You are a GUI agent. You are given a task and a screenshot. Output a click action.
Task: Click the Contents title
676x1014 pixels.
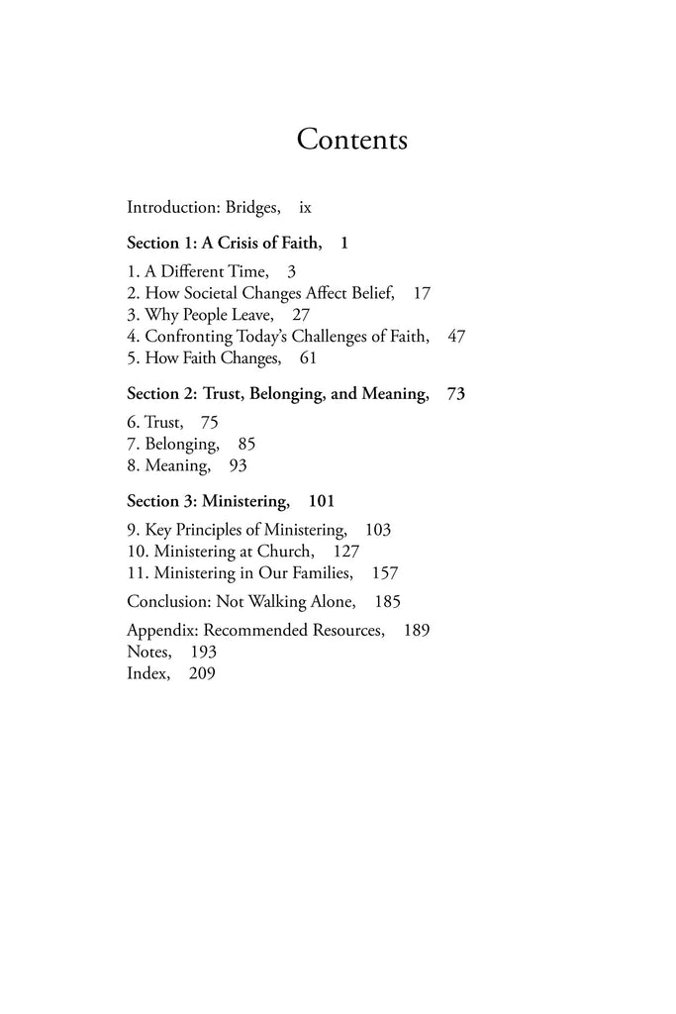coord(351,140)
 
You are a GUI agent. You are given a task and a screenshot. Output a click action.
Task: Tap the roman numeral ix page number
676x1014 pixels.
coord(305,208)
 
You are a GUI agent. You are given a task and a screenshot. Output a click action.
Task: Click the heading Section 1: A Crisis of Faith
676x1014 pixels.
coord(225,243)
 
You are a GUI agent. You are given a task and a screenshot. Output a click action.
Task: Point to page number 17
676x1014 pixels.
coord(420,292)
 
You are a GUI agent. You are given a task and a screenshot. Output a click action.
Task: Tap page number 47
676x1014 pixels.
coord(456,336)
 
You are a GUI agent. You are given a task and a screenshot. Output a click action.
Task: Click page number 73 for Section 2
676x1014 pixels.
coord(456,394)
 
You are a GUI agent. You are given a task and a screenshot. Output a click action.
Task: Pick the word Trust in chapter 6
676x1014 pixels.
coord(163,422)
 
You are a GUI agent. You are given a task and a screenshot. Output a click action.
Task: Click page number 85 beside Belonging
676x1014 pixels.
coord(246,444)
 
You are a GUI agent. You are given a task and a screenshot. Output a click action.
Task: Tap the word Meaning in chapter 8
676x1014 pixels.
coord(177,465)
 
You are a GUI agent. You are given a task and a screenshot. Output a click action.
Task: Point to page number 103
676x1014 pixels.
coord(378,530)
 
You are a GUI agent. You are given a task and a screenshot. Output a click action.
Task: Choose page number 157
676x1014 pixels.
coord(384,573)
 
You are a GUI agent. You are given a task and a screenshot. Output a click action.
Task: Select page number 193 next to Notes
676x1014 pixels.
coord(196,652)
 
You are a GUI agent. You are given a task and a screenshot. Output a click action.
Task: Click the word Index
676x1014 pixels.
coord(146,673)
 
